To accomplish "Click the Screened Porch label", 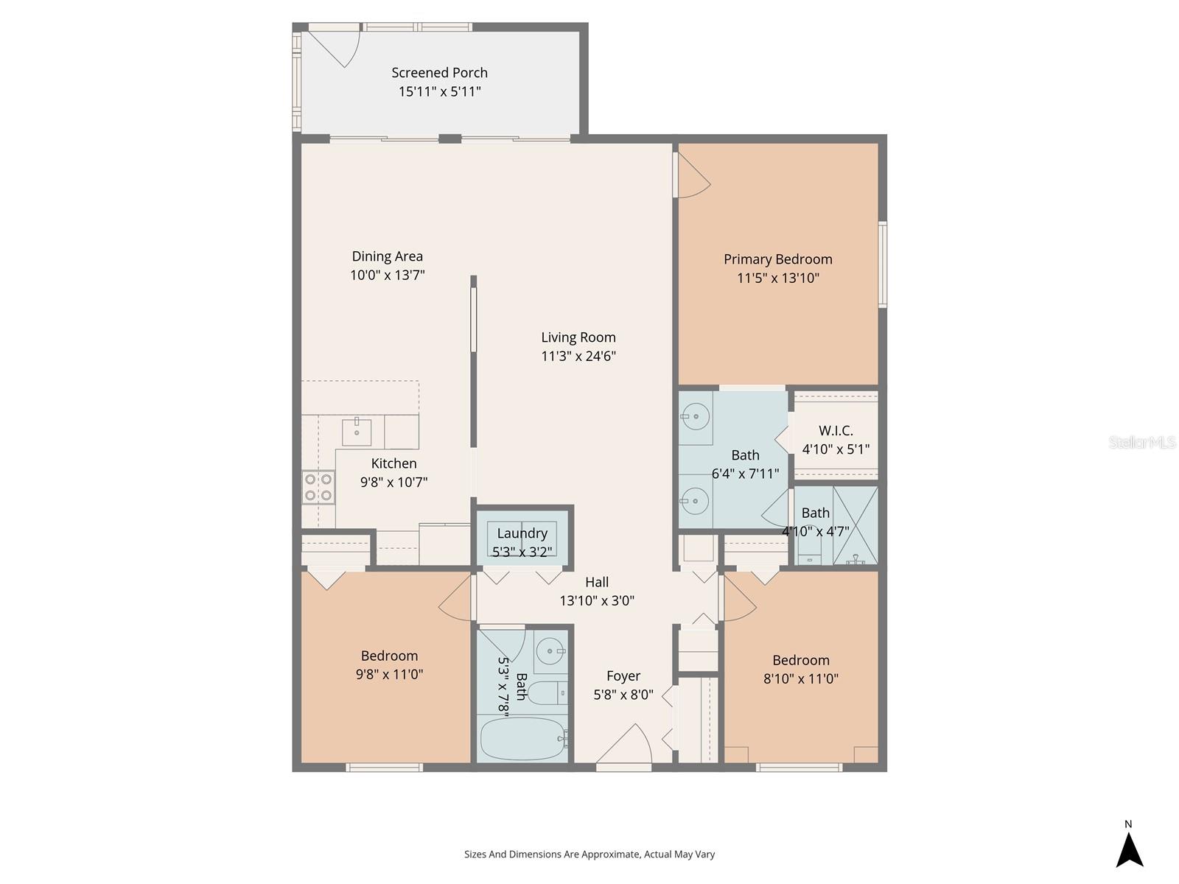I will pos(439,72).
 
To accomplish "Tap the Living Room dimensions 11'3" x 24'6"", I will pos(578,357).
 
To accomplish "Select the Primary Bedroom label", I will pos(777,259).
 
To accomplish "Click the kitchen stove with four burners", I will pos(318,487).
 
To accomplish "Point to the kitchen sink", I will pos(357,431).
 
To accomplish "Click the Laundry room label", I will pos(522,533).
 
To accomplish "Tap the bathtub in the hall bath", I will pos(522,739).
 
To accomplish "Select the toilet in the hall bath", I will pos(547,693).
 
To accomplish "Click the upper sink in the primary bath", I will pos(695,418).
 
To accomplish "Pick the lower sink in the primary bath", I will pos(695,502).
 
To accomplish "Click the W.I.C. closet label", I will pos(836,431).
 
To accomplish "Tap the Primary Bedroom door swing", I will pos(693,177).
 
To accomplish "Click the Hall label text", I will pos(597,582).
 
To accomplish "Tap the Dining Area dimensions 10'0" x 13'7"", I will pos(388,276).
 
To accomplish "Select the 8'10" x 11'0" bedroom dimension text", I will pos(801,679).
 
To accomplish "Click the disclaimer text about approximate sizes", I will pos(589,855).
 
